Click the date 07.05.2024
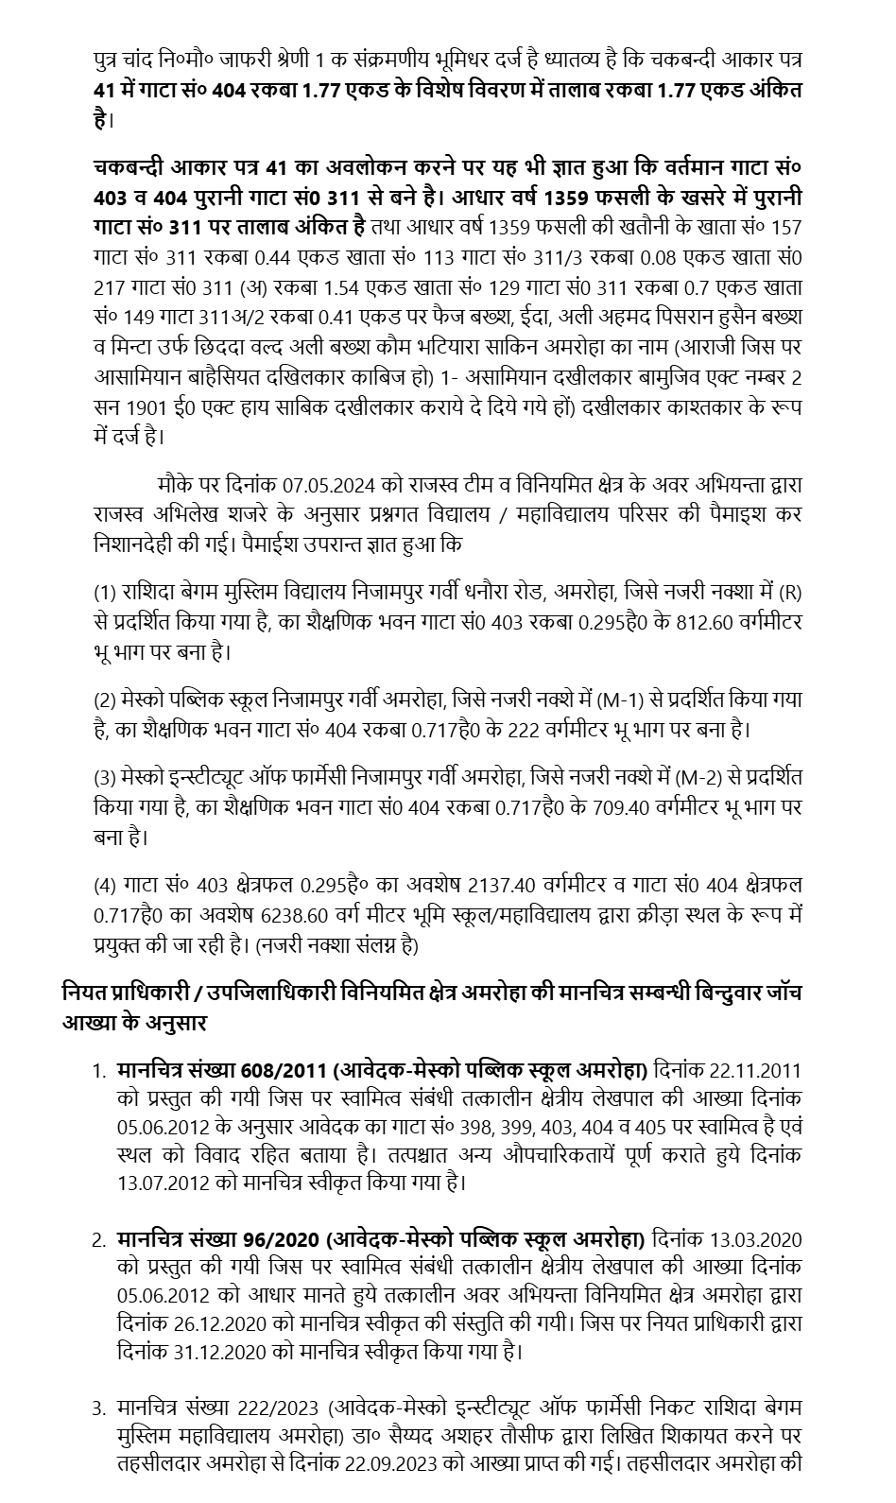(x=330, y=485)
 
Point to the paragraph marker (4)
(x=104, y=886)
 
